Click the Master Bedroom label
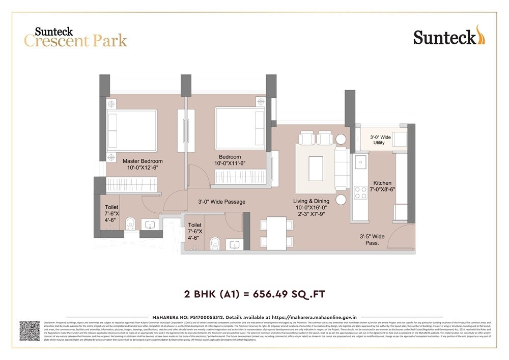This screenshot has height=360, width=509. [x=143, y=161]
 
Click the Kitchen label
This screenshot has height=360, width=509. [x=382, y=183]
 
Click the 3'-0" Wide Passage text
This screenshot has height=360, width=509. [x=221, y=202]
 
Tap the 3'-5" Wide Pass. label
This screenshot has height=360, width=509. [x=372, y=240]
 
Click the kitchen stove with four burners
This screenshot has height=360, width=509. [x=361, y=193]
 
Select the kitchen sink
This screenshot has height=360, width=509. [x=361, y=162]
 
